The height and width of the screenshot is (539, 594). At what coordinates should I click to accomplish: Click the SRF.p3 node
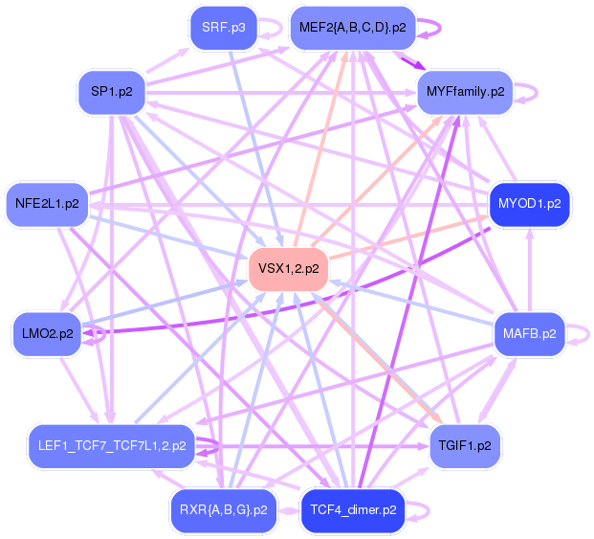(224, 29)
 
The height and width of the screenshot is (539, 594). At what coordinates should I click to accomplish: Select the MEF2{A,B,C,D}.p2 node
(352, 29)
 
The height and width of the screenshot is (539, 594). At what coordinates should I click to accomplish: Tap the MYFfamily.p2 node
(465, 92)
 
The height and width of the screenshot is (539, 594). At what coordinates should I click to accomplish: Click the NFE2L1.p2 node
(47, 203)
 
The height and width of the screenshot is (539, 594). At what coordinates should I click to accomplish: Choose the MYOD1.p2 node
(530, 203)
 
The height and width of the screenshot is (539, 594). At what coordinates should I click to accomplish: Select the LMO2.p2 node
(47, 334)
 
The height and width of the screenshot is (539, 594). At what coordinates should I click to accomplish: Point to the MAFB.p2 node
(529, 334)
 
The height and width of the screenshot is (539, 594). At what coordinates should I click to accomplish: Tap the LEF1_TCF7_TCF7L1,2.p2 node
(112, 446)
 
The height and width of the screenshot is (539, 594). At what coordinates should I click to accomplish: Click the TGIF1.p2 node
(465, 446)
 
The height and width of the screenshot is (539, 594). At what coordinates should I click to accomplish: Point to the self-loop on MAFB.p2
(585, 334)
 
